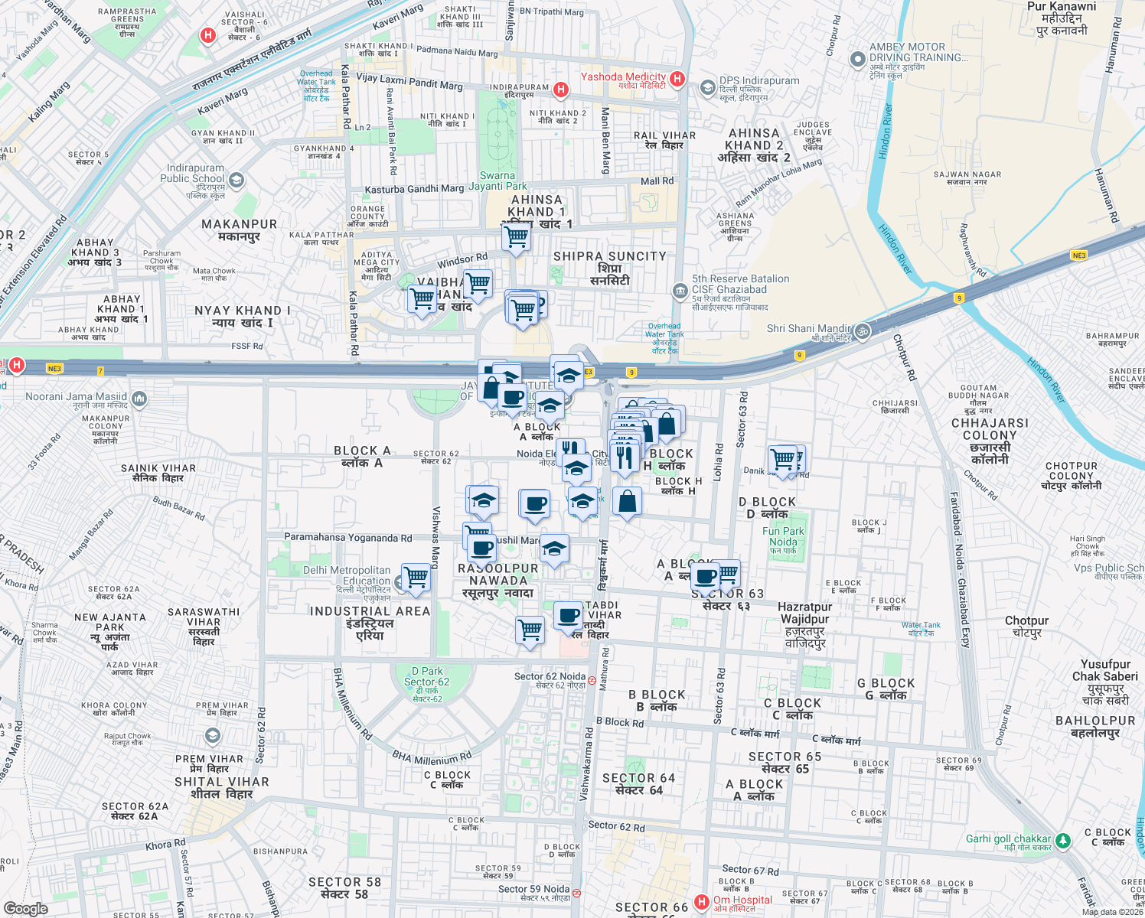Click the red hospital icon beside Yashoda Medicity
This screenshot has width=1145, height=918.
click(677, 79)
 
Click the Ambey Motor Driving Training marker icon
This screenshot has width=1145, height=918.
click(858, 59)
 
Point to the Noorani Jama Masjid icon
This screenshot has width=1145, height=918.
click(139, 398)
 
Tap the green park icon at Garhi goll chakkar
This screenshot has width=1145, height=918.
click(1062, 841)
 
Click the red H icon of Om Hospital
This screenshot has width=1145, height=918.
click(701, 902)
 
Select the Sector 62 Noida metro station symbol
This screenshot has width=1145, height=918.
click(592, 679)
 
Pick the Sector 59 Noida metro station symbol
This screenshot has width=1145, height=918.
click(576, 892)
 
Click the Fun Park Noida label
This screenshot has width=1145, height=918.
click(783, 536)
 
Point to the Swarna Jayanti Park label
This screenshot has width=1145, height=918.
click(497, 181)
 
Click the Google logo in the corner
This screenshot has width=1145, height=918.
click(25, 909)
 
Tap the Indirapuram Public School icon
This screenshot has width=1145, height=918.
click(237, 181)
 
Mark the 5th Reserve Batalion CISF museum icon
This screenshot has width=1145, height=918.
click(680, 291)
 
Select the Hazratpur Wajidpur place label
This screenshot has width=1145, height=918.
click(804, 625)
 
